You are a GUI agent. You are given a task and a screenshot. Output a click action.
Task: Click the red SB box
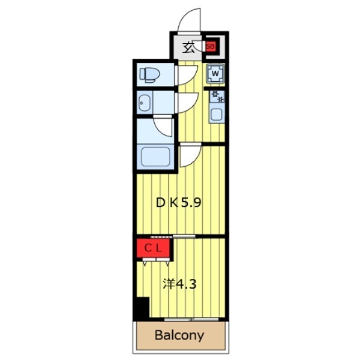click(x=211, y=46)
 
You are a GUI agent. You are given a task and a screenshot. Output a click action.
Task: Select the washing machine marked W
click(x=215, y=74)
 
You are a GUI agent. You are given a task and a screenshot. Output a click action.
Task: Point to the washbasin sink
click(x=145, y=103)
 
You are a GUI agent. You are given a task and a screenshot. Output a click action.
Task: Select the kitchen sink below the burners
click(x=216, y=114)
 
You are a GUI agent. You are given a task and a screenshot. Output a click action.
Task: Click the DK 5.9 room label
click(x=178, y=203)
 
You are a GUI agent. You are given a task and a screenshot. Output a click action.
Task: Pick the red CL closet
click(x=154, y=248)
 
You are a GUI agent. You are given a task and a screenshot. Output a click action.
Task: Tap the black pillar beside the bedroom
click(x=140, y=310)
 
